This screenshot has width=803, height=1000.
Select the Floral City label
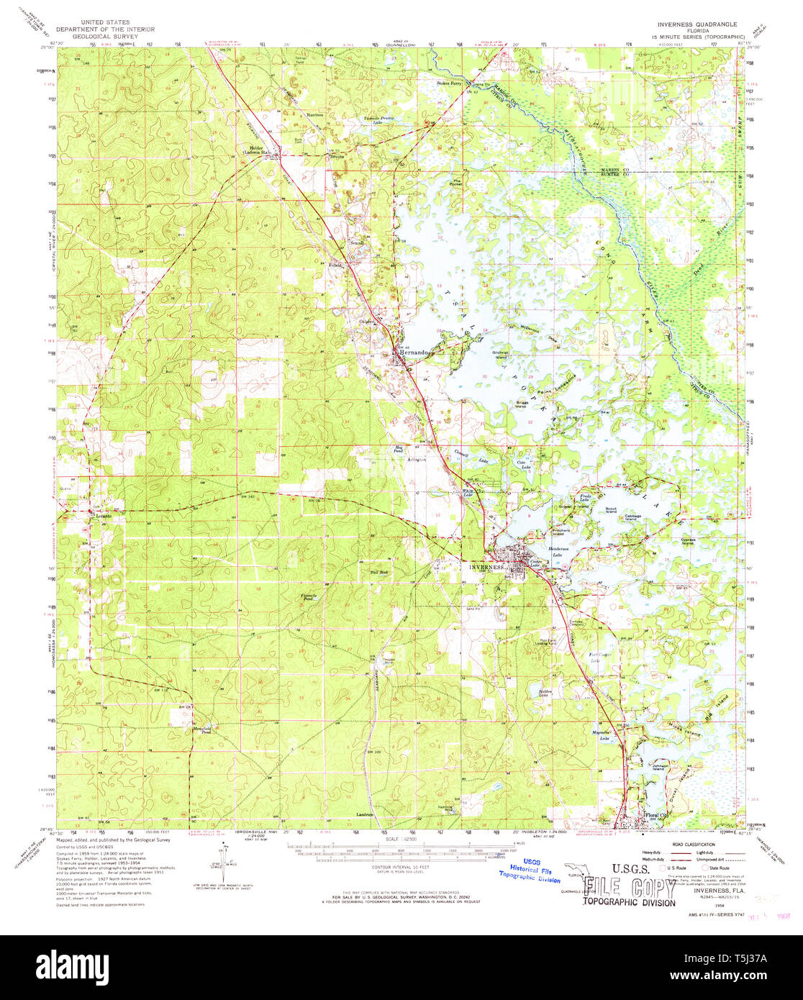pyautogui.click(x=656, y=815)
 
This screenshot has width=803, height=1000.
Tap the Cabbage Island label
pyautogui.click(x=633, y=517)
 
